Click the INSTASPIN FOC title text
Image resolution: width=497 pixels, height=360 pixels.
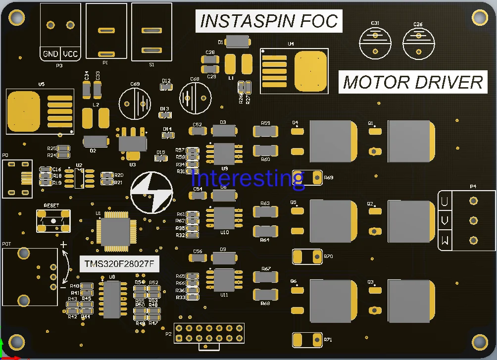tap(269, 21)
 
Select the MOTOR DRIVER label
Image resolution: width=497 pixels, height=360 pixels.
tap(412, 82)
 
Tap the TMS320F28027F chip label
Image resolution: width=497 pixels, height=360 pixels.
tap(120, 265)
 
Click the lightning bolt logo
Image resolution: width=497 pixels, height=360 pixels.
tap(151, 192)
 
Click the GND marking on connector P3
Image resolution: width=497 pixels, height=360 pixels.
tap(50, 54)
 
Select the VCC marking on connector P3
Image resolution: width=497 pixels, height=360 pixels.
tap(70, 54)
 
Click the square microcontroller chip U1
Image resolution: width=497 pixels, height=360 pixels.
tap(115, 231)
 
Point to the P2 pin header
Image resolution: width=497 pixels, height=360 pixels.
tap(208, 333)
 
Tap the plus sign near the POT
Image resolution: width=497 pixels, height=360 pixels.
tap(63, 245)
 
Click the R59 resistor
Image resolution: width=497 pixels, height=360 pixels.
tap(265, 131)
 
